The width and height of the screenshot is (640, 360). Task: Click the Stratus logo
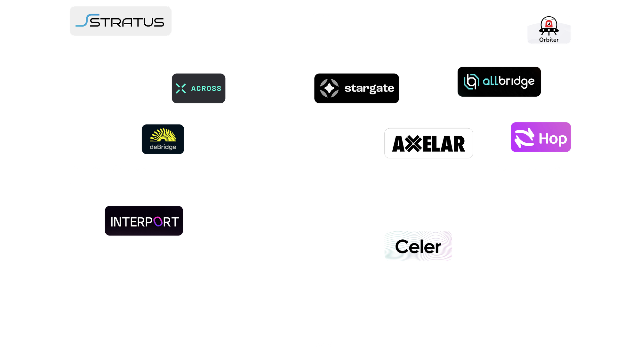click(121, 21)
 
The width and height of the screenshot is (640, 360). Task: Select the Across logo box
click(199, 88)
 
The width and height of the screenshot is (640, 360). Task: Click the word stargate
click(369, 88)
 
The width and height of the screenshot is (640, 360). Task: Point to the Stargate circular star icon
click(329, 88)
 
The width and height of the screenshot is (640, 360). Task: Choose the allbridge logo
click(499, 82)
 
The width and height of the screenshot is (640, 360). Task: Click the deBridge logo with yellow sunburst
click(163, 139)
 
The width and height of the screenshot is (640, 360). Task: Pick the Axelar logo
click(428, 143)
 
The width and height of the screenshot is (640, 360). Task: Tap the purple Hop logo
click(541, 137)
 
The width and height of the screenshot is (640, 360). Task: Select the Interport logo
click(144, 221)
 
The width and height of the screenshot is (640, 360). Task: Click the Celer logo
click(418, 246)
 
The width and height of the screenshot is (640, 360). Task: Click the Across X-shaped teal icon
click(181, 88)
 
